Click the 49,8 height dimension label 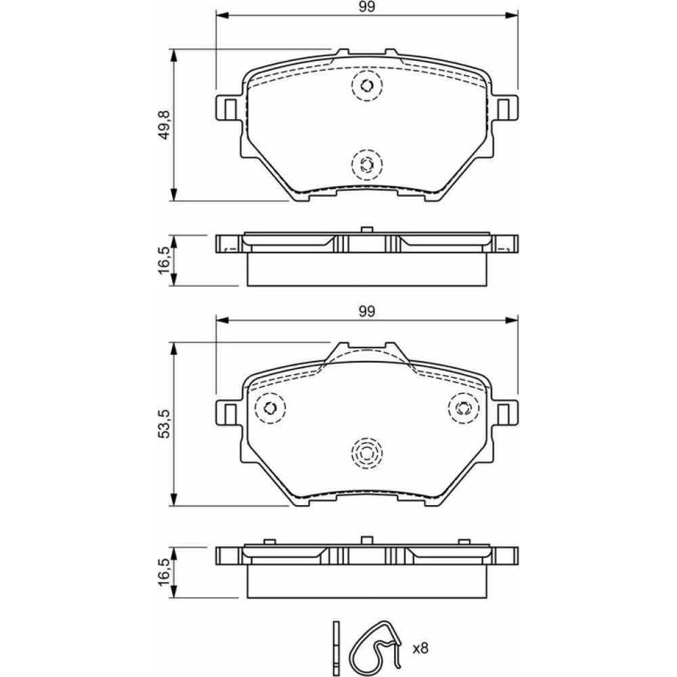coord(165,125)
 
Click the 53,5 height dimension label coord(165,424)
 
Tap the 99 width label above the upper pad coord(366,7)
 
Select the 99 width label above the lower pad coord(366,311)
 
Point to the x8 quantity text coord(420,648)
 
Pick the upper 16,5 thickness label coord(165,260)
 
